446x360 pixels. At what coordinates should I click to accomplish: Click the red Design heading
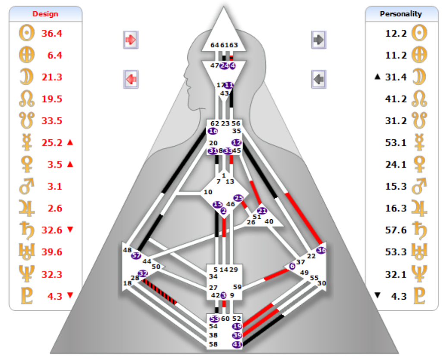click(x=45, y=14)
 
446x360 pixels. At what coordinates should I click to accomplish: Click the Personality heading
click(x=401, y=14)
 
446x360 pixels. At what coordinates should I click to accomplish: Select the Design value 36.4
click(x=52, y=33)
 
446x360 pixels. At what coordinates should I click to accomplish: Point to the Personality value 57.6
click(x=396, y=230)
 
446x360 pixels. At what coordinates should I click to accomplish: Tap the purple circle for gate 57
click(x=136, y=255)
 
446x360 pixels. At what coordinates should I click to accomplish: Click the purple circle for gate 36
click(x=321, y=250)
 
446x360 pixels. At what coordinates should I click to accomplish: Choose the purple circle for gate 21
click(x=262, y=211)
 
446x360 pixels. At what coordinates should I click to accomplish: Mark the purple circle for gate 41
click(x=237, y=344)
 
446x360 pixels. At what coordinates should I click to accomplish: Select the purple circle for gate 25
click(x=239, y=198)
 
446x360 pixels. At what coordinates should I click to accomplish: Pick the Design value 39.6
click(x=52, y=252)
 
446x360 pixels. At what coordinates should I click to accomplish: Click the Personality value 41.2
click(x=396, y=99)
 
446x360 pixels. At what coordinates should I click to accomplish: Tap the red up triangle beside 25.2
click(x=71, y=142)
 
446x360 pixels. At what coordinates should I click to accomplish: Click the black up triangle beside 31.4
click(x=377, y=77)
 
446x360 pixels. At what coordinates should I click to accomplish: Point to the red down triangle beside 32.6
click(x=71, y=230)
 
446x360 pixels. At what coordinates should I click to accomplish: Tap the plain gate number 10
click(x=208, y=192)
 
